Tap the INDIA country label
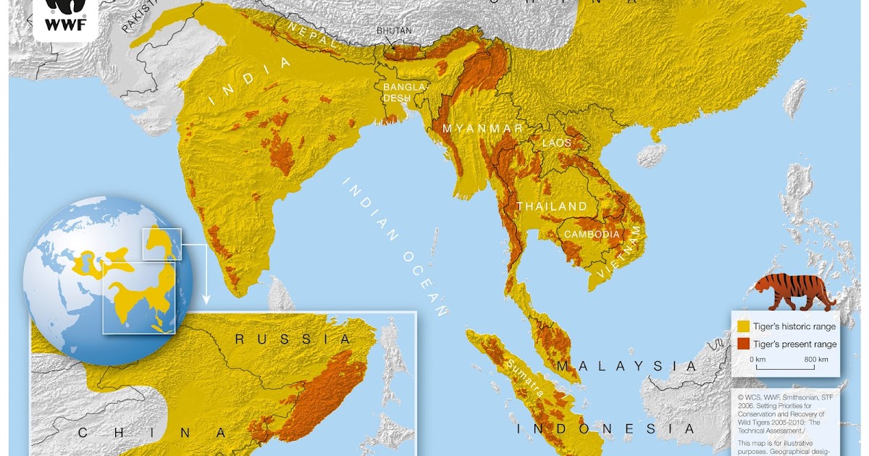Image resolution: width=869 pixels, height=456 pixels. click(250, 82)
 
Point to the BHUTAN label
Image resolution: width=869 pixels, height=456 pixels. click(393, 30)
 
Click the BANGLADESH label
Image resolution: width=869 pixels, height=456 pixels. click(401, 92)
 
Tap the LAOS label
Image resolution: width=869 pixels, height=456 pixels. click(557, 143)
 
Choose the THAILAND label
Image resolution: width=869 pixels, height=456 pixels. click(552, 206)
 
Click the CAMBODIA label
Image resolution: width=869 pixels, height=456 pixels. click(592, 235)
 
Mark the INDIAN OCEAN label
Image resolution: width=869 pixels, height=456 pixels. click(395, 245)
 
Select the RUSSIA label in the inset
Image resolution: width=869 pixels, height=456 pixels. click(292, 339)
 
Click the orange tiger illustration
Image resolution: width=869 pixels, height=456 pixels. click(794, 290)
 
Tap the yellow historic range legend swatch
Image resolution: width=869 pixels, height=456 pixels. click(743, 326)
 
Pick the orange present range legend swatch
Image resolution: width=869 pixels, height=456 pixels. click(743, 344)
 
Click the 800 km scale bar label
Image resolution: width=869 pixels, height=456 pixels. click(816, 359)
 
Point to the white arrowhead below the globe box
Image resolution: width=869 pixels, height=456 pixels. click(206, 298)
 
